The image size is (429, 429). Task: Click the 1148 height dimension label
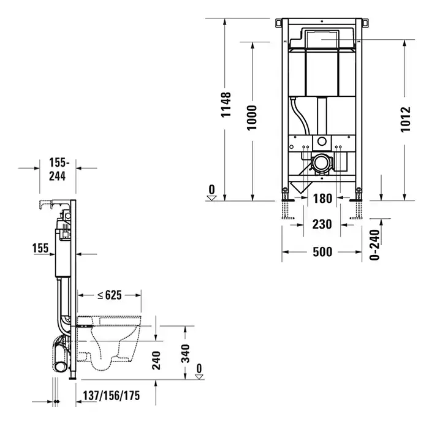(x=226, y=105)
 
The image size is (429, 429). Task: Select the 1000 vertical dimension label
(x=252, y=118)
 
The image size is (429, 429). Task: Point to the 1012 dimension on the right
(x=406, y=120)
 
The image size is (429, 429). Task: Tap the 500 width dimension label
(x=322, y=252)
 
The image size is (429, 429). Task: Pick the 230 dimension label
(x=322, y=224)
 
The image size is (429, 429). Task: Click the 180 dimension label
(x=322, y=199)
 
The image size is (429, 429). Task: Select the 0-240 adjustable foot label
(x=374, y=245)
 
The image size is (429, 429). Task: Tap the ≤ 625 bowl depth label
(x=110, y=295)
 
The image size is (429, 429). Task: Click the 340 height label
(x=186, y=354)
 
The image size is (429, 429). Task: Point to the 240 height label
(x=156, y=360)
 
